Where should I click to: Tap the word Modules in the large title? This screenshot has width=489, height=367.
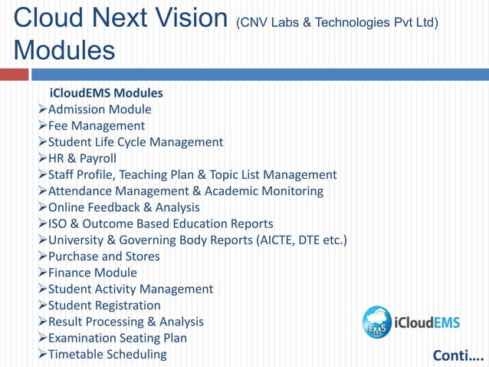pyautogui.click(x=64, y=51)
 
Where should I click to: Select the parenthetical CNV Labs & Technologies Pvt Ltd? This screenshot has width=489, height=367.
pyautogui.click(x=337, y=22)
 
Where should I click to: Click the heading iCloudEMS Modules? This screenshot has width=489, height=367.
pyautogui.click(x=106, y=93)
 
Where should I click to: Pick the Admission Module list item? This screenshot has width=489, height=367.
pyautogui.click(x=100, y=109)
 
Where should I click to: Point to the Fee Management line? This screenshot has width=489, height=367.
pyautogui.click(x=97, y=125)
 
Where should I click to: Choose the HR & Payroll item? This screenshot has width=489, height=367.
pyautogui.click(x=82, y=158)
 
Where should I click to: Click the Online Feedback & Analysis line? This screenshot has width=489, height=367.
pyautogui.click(x=123, y=207)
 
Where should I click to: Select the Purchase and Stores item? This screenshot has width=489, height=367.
pyautogui.click(x=104, y=256)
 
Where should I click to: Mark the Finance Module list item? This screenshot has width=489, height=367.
pyautogui.click(x=93, y=273)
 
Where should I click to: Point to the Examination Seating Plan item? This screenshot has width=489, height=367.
pyautogui.click(x=117, y=338)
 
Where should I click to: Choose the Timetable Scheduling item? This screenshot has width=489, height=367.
pyautogui.click(x=107, y=354)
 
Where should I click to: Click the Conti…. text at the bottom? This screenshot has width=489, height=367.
pyautogui.click(x=458, y=355)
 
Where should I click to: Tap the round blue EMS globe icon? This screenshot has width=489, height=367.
pyautogui.click(x=377, y=322)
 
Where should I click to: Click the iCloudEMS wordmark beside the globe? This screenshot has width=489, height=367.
pyautogui.click(x=427, y=322)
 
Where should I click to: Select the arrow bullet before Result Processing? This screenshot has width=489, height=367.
pyautogui.click(x=42, y=322)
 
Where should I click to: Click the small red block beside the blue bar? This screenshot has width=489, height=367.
pyautogui.click(x=14, y=74)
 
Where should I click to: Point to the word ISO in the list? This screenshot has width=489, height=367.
pyautogui.click(x=58, y=224)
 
